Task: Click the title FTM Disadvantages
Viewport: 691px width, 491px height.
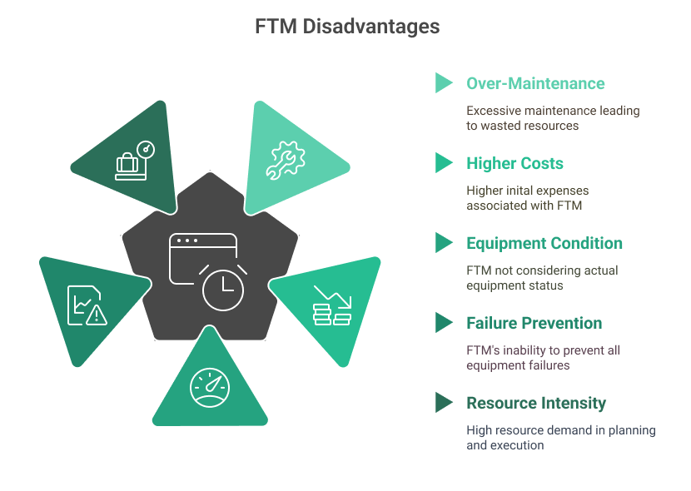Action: click(346, 27)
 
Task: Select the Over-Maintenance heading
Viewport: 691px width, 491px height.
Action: click(535, 83)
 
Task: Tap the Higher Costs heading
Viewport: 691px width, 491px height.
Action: click(515, 163)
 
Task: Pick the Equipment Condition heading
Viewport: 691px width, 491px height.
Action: click(544, 243)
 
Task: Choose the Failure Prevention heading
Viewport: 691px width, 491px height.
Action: click(534, 323)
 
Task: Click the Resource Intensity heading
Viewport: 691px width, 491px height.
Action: click(535, 403)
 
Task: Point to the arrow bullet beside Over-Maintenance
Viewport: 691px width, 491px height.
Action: click(444, 83)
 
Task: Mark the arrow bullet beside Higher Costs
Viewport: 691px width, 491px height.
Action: click(444, 163)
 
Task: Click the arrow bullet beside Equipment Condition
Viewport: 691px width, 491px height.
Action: click(444, 243)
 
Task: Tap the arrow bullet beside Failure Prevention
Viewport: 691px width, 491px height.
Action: click(444, 323)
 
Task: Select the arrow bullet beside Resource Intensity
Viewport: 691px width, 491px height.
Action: click(444, 403)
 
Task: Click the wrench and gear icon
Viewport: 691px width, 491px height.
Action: click(286, 160)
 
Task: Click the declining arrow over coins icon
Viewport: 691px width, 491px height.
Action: click(332, 305)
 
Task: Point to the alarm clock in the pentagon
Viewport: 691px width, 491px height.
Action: click(223, 288)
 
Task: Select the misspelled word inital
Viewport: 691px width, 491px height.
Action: click(521, 191)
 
